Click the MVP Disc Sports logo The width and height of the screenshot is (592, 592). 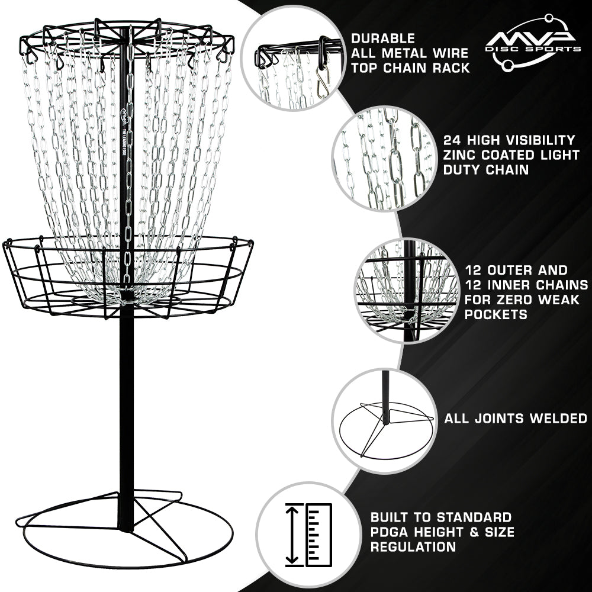pyautogui.click(x=532, y=44)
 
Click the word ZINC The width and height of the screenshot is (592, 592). pyautogui.click(x=461, y=155)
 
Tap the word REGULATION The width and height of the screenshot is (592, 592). pyautogui.click(x=413, y=546)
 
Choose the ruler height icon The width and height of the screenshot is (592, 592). pyautogui.click(x=308, y=534)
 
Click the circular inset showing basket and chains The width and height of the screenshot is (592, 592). pyautogui.click(x=408, y=290)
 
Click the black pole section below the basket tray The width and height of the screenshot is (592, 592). pyautogui.click(x=126, y=414)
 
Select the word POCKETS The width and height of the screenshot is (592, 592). pyautogui.click(x=488, y=314)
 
